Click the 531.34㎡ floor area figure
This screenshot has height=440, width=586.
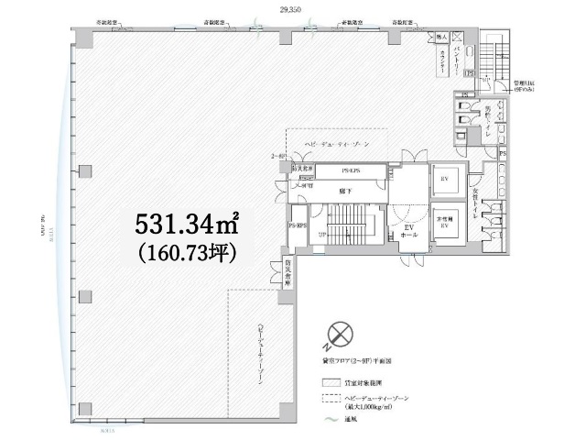(188, 223)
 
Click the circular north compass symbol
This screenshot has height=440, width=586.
(341, 333)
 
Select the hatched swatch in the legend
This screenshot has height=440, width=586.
(331, 381)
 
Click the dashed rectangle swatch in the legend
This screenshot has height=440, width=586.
(331, 399)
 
